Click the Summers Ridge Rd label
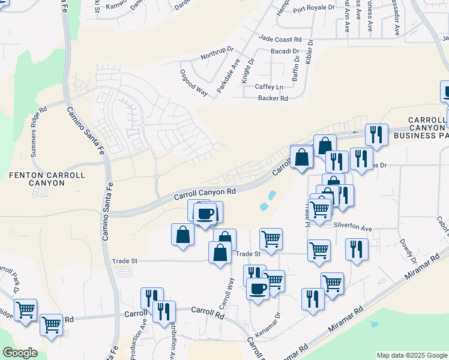[38, 132]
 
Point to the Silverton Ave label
[352, 229]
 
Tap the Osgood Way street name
[193, 83]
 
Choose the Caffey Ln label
[268, 87]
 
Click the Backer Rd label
[273, 98]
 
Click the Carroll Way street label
[226, 293]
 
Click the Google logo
[20, 353]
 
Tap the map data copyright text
[411, 355]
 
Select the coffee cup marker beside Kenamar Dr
[258, 289]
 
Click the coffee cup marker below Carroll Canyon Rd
[205, 214]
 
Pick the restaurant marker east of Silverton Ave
[357, 247]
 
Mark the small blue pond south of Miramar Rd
[375, 325]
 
